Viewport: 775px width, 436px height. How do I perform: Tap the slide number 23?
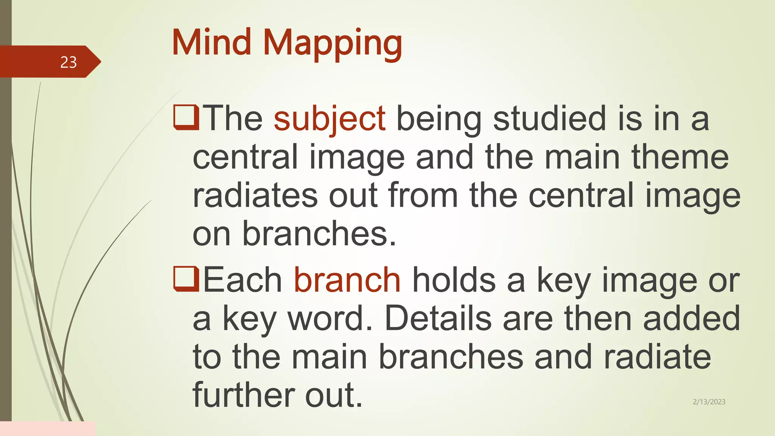point(68,62)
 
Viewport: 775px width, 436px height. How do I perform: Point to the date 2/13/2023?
point(709,402)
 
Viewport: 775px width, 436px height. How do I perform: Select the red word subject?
point(330,119)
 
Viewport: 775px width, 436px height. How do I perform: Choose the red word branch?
point(347,280)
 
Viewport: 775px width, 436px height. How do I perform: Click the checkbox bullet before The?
point(186,118)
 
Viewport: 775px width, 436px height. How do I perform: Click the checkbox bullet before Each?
point(186,279)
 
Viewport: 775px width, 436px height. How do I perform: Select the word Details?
point(438,319)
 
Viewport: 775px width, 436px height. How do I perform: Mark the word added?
point(691,319)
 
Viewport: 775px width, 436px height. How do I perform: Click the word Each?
point(243,280)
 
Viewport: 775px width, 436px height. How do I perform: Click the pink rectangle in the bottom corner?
point(48,428)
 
